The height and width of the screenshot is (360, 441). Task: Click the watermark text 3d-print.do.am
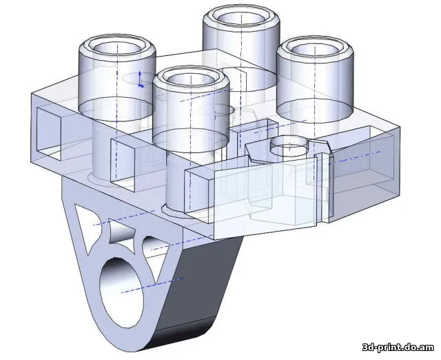[398, 347]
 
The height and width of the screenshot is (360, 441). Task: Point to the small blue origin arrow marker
[141, 80]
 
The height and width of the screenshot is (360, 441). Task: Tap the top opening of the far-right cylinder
[315, 50]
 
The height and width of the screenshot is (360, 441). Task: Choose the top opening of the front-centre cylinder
[191, 81]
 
